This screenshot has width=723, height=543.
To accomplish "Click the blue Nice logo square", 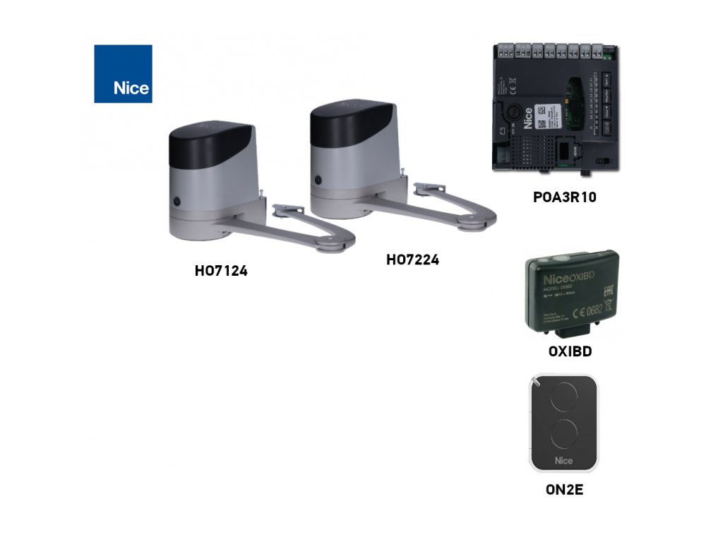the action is tap(123, 74).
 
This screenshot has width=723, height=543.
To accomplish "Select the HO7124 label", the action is tap(221, 270).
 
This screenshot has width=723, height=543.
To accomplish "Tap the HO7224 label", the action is tap(412, 260).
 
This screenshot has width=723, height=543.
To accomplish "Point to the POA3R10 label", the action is tap(564, 197).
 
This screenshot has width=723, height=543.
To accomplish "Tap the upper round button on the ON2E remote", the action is tap(563, 398).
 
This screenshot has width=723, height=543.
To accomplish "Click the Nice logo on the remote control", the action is tap(563, 461).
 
